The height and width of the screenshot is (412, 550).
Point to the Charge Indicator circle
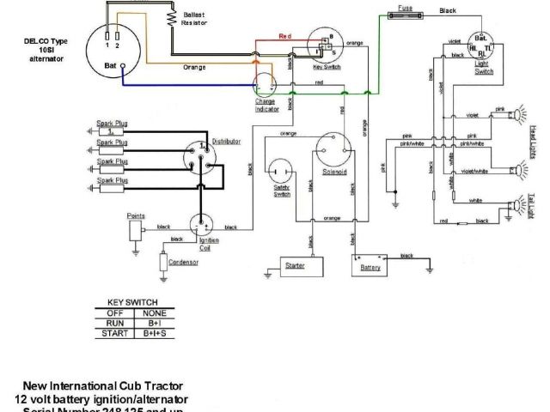point(266,84)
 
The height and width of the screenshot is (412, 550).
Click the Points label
point(136,215)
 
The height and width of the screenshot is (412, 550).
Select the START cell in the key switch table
point(114,333)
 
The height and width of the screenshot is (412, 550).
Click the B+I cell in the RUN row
point(154,324)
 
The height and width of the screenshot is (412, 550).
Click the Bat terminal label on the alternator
point(111,65)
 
